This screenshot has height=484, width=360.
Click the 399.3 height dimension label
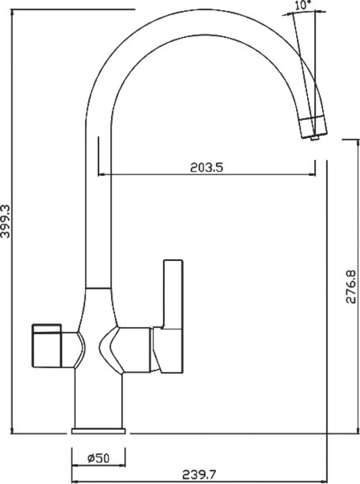tap(5, 221)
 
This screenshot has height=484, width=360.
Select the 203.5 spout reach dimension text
tap(206, 168)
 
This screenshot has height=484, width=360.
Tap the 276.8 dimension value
tap(351, 287)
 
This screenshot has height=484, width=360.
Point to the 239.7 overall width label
tap(199, 475)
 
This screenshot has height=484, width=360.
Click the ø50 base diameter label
tap(98, 459)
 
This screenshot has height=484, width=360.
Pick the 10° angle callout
tap(303, 5)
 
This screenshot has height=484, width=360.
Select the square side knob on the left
tap(47, 345)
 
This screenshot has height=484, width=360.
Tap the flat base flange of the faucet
tap(98, 431)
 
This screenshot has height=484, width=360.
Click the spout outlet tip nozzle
tap(315, 138)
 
